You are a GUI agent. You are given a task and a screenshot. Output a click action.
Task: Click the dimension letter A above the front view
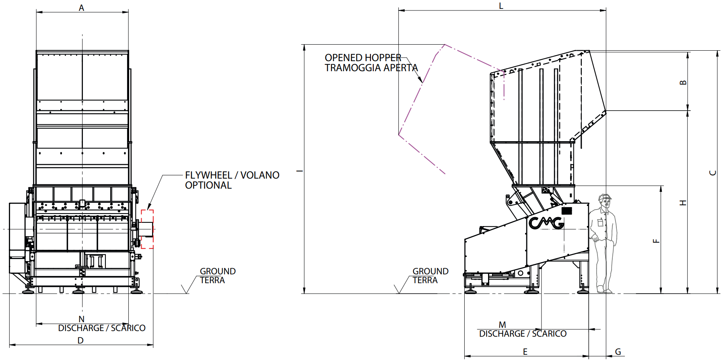click(x=81, y=8)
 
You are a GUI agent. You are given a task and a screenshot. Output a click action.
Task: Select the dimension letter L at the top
click(x=501, y=6)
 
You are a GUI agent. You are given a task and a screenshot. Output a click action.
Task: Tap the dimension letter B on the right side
click(x=683, y=82)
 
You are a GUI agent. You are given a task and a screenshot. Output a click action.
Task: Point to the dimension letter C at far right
click(x=713, y=173)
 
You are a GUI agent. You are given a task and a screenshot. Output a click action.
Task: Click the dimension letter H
click(x=683, y=203)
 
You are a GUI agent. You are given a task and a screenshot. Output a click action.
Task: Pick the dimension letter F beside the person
click(x=656, y=241)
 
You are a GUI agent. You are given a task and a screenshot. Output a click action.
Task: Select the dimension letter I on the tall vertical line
click(x=299, y=171)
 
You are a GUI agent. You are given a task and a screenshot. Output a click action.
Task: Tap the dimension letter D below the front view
click(x=80, y=340)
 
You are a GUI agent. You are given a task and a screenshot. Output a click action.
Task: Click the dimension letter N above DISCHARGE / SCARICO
click(x=82, y=319)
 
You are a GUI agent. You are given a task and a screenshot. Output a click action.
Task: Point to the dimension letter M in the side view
click(x=502, y=325)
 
